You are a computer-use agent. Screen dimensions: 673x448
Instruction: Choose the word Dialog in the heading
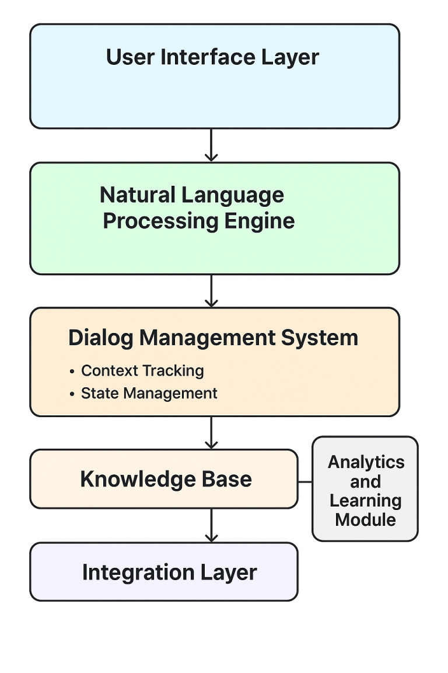pyautogui.click(x=101, y=338)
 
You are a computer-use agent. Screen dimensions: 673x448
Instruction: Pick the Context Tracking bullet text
pyautogui.click(x=142, y=370)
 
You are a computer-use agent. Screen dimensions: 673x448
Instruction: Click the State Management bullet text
pyautogui.click(x=149, y=393)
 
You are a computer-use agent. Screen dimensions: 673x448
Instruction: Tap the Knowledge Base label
pyautogui.click(x=166, y=479)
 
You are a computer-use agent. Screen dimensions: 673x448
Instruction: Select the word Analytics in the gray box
pyautogui.click(x=366, y=462)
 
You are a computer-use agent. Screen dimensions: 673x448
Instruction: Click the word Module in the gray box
pyautogui.click(x=366, y=519)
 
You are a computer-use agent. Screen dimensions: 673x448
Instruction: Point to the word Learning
pyautogui.click(x=366, y=501)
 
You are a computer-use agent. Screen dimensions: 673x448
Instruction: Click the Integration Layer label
pyautogui.click(x=169, y=572)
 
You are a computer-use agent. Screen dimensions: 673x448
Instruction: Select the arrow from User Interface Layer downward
pyautogui.click(x=211, y=145)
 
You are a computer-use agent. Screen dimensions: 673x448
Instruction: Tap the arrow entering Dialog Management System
pyautogui.click(x=211, y=290)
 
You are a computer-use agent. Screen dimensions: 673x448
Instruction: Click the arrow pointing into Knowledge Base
pyautogui.click(x=211, y=433)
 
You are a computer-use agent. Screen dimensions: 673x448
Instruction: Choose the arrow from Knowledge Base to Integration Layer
pyautogui.click(x=211, y=525)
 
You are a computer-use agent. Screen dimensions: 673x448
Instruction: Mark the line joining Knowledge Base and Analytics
pyautogui.click(x=305, y=482)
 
